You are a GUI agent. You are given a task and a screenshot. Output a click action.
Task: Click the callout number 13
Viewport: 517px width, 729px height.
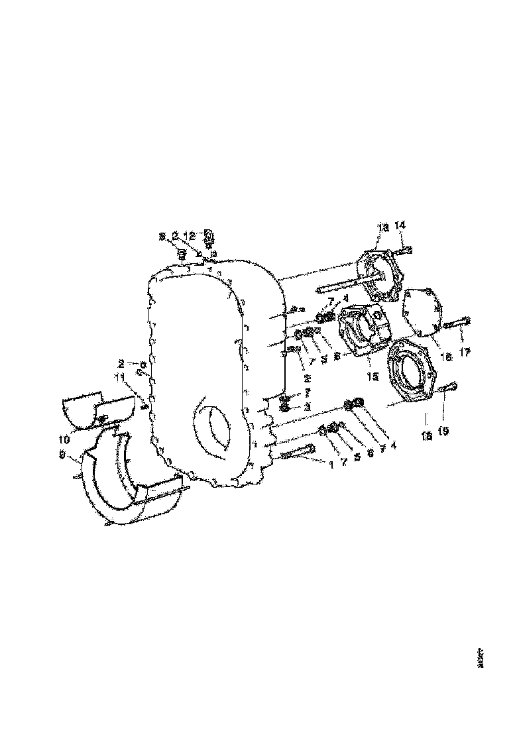[382, 227]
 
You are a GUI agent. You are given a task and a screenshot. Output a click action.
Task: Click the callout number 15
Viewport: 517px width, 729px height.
[373, 376]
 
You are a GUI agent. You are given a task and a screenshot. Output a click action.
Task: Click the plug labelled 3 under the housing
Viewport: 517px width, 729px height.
[285, 406]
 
